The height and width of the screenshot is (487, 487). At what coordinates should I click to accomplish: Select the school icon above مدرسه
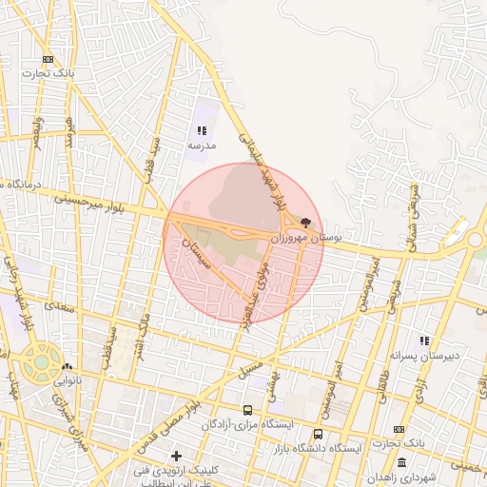click(201, 130)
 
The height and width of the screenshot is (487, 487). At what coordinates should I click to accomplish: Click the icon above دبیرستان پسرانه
click(424, 341)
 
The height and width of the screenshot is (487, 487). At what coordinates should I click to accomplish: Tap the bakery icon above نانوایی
click(67, 366)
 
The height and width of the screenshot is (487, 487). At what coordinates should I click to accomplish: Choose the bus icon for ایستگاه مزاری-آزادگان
click(248, 410)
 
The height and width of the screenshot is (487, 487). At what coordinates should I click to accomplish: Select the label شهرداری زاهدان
click(422, 477)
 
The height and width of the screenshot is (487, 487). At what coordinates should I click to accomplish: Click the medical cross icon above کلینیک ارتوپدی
click(176, 456)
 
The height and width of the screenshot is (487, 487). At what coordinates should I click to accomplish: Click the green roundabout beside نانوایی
click(41, 361)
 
